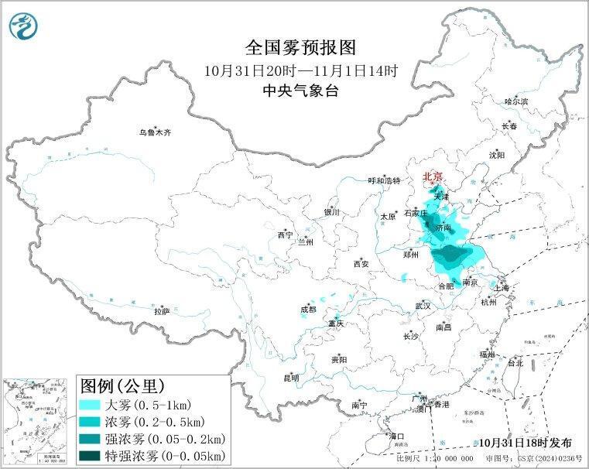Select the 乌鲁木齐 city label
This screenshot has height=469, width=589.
(x=155, y=132)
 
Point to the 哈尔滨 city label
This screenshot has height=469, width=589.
(x=515, y=101)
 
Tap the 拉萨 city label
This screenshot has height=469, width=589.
(x=161, y=311)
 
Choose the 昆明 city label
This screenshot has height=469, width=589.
(x=291, y=378)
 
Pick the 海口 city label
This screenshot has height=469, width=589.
(x=397, y=436)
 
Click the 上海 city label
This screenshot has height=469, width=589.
(x=501, y=288)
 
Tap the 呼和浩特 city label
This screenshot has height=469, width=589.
(x=384, y=180)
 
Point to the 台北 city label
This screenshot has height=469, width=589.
(x=515, y=362)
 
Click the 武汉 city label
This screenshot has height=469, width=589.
(x=422, y=306)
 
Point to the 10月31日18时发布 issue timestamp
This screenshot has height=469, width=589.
(x=524, y=443)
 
